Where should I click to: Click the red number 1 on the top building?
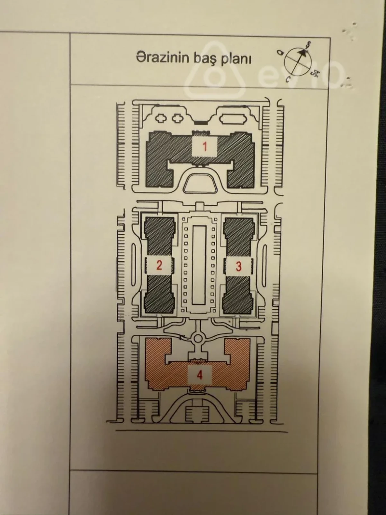pyautogui.click(x=204, y=147)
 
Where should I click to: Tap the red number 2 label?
pyautogui.click(x=159, y=266)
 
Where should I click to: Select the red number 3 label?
pyautogui.click(x=238, y=266)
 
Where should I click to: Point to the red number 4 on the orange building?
pyautogui.click(x=200, y=375)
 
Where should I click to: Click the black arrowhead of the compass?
pyautogui.click(x=302, y=51)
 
